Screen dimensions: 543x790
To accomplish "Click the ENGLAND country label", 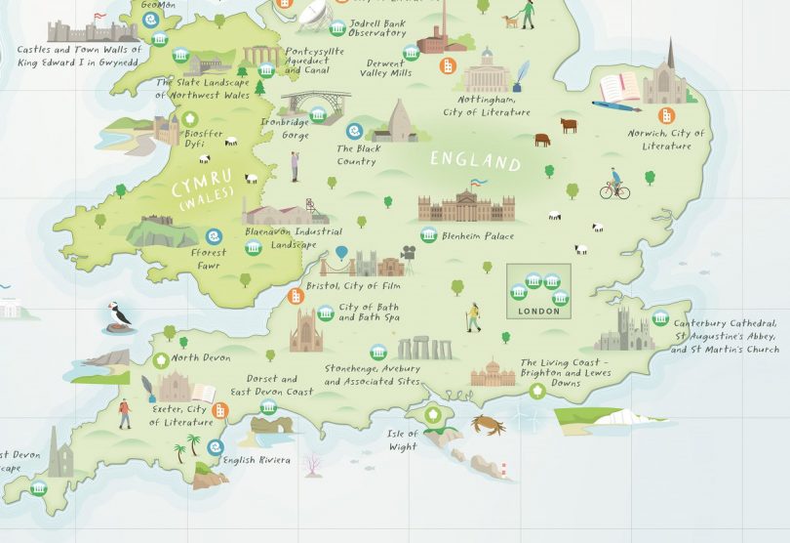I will click(x=476, y=160).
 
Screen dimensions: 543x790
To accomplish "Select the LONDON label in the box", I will click(x=539, y=312).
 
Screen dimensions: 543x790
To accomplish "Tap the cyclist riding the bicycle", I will click(x=614, y=185).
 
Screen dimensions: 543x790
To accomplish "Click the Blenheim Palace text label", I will click(x=477, y=236).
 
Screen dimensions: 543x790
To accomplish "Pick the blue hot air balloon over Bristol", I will click(x=341, y=254).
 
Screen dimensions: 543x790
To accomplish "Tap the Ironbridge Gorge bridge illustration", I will click(x=315, y=104).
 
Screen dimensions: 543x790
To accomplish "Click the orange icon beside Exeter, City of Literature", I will click(x=219, y=411).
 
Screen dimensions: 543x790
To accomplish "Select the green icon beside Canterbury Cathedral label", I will click(x=660, y=318).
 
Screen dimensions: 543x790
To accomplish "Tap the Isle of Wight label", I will click(x=402, y=439).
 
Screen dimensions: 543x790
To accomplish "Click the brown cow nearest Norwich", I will click(x=568, y=125).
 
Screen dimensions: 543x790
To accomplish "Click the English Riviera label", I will click(x=256, y=460).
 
